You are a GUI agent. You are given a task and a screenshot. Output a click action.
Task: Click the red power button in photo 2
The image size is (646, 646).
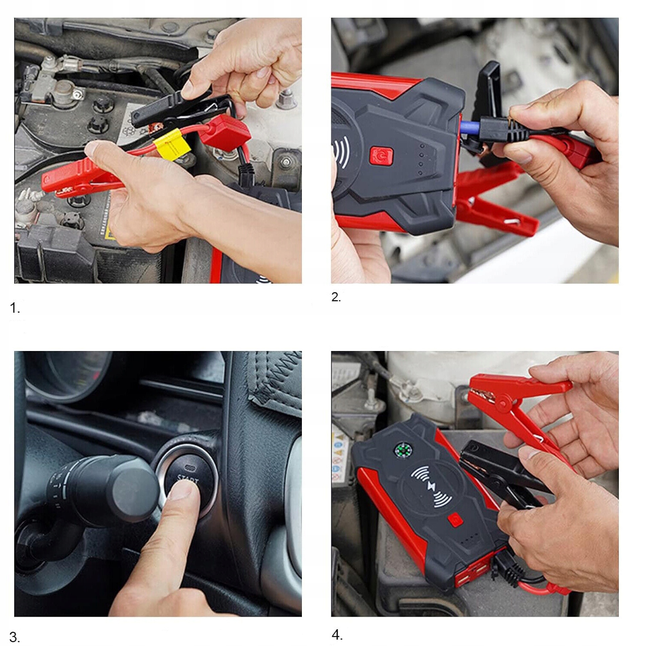click(x=381, y=156)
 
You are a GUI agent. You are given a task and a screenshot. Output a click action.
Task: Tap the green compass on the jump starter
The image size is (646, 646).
click(x=404, y=451)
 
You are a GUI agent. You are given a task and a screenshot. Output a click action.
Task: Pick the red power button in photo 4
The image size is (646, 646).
click(x=455, y=520)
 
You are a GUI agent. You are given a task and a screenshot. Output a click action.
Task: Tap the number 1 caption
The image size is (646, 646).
click(x=15, y=308)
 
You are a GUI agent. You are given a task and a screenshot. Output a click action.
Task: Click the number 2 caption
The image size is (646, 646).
click(x=336, y=297)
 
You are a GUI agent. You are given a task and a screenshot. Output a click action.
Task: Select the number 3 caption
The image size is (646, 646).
click(x=14, y=637)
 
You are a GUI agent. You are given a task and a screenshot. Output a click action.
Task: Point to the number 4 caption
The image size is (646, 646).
click(x=337, y=634)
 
